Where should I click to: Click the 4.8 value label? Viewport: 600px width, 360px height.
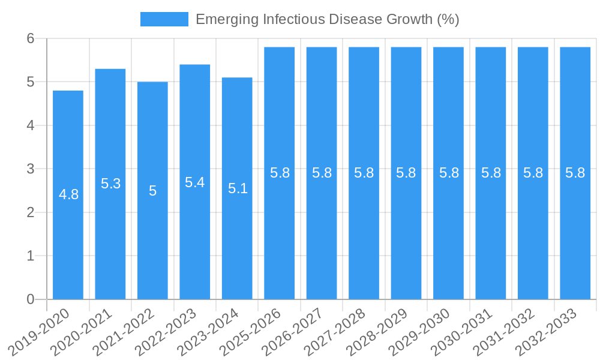tap(68, 194)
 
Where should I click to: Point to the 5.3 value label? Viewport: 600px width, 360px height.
tap(110, 184)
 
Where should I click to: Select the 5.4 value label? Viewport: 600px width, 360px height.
tap(195, 182)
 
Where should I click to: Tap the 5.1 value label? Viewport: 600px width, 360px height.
tap(238, 188)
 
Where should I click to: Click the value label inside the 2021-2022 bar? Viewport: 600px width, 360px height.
tap(152, 191)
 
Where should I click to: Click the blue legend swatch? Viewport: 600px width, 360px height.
tap(164, 19)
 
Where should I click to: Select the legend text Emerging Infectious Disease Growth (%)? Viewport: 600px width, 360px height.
tap(327, 19)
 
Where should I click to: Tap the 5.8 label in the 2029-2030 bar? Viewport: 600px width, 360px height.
tap(449, 173)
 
